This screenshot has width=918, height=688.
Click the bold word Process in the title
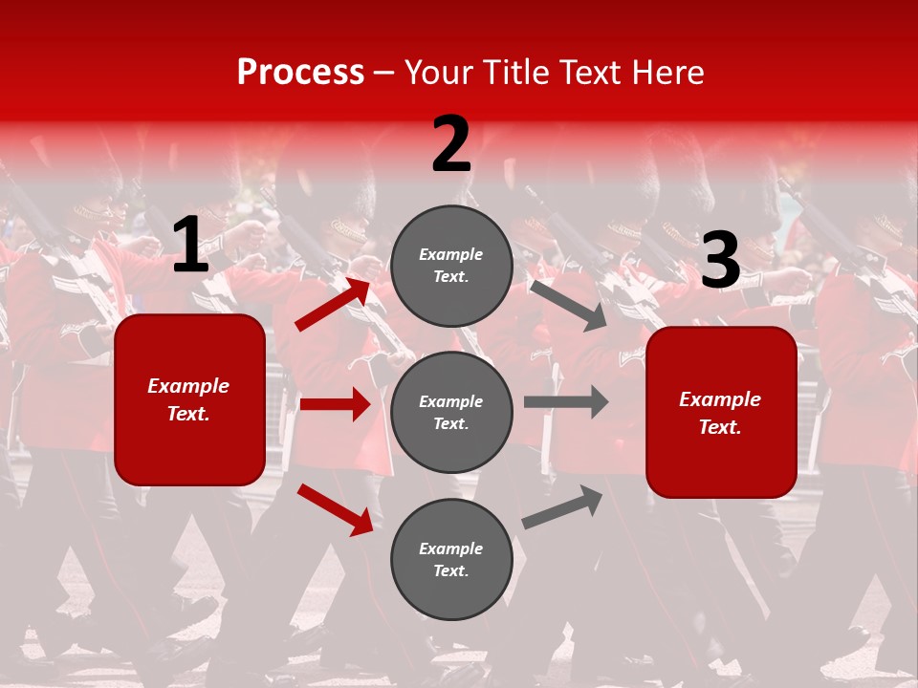300,72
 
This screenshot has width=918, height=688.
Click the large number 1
190,246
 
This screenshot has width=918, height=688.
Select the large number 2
451,144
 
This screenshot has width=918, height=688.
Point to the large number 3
720,260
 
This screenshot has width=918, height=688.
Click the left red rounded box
189,399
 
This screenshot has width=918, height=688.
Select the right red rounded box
721,412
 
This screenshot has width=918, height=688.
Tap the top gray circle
451,266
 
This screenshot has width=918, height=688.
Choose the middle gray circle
451,412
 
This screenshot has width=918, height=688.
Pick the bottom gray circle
451,559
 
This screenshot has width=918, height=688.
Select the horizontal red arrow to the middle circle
335,404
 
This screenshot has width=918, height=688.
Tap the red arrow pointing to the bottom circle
335,509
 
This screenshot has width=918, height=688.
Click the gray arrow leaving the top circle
569,305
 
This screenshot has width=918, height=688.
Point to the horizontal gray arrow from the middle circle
565,401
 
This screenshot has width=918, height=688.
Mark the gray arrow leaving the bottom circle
563,506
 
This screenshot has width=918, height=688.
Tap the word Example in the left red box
188,386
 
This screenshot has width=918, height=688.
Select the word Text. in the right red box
720,427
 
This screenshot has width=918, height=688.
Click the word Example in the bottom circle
451,548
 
